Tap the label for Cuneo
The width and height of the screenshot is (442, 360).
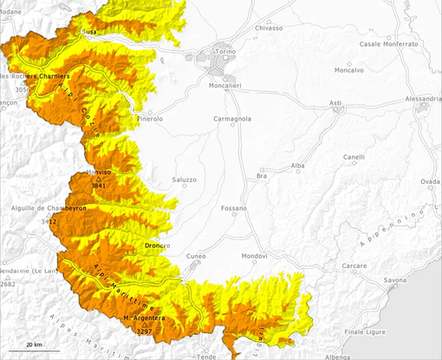click(x=197, y=257)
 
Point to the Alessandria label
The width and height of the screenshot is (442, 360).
click(x=416, y=99)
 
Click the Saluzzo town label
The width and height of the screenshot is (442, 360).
click(x=185, y=180)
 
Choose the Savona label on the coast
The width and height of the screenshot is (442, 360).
click(x=395, y=280)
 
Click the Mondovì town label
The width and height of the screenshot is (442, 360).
click(x=254, y=257)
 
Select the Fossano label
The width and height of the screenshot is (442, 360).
click(x=234, y=209)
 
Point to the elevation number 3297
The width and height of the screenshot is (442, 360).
click(x=145, y=331)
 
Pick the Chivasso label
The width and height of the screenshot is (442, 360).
click(x=269, y=28)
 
